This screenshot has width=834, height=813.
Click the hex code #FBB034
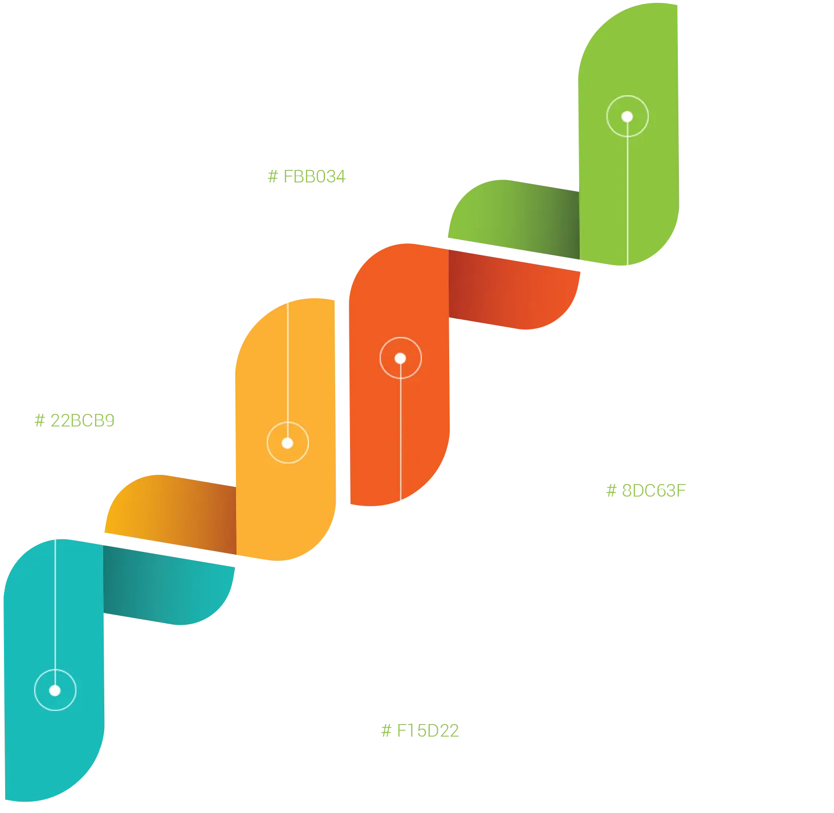306,176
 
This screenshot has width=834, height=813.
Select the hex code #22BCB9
74,421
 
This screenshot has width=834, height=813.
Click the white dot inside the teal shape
55,690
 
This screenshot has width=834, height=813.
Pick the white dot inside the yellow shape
287,443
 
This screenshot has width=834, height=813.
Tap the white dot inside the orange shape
400,359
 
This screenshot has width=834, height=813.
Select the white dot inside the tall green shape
627,117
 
